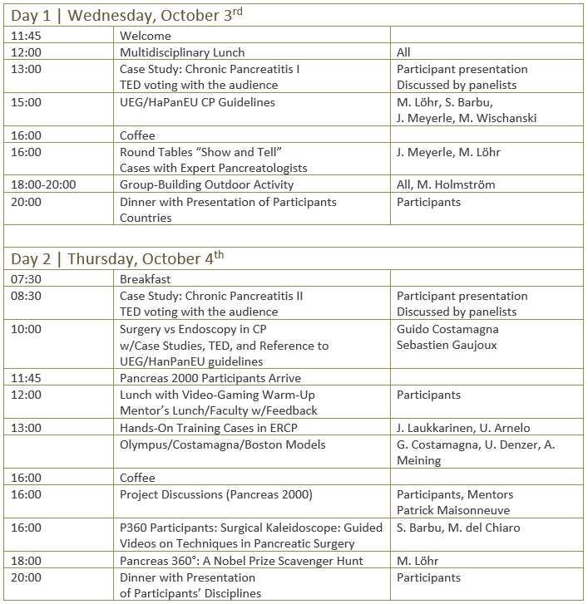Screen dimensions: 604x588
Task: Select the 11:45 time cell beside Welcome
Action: pyautogui.click(x=27, y=36)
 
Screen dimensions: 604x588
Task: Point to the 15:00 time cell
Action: pyautogui.click(x=27, y=102)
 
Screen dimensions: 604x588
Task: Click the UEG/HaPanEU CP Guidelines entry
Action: pyautogui.click(x=197, y=102)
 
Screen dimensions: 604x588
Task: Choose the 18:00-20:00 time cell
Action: pyautogui.click(x=43, y=184)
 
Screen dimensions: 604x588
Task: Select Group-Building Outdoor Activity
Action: pyautogui.click(x=206, y=184)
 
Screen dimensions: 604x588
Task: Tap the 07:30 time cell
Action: pyautogui.click(x=27, y=279)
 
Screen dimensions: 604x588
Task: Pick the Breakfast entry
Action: pyautogui.click(x=146, y=279)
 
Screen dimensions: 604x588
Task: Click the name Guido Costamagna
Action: pyautogui.click(x=447, y=328)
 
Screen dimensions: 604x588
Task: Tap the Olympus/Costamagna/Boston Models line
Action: pyautogui.click(x=222, y=444)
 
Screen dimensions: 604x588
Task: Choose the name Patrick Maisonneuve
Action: pyautogui.click(x=453, y=510)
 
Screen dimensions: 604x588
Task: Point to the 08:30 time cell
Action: pyautogui.click(x=27, y=296)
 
